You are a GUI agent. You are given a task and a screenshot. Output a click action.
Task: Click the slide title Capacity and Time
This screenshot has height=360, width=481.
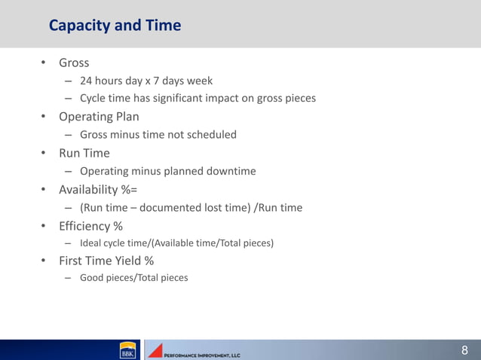(x=115, y=26)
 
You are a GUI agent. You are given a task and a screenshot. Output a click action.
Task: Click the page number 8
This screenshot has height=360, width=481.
(x=465, y=349)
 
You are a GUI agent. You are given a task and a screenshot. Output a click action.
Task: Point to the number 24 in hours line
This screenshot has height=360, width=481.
(x=87, y=81)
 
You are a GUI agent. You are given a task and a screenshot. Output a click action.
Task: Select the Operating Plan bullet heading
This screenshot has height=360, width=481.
(x=96, y=117)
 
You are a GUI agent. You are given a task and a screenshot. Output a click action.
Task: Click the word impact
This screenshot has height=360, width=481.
(x=241, y=99)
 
